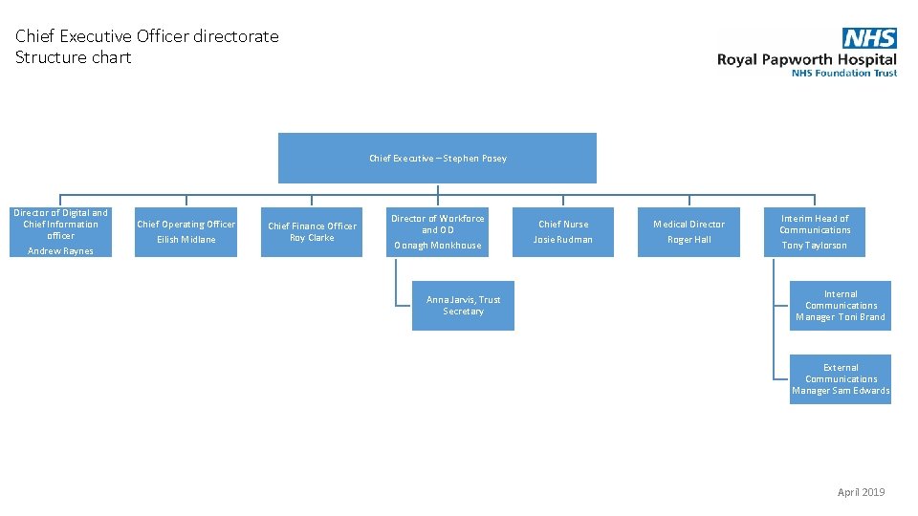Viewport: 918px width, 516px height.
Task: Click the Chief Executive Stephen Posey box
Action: click(x=437, y=158)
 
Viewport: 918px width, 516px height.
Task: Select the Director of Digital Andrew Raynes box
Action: click(x=60, y=232)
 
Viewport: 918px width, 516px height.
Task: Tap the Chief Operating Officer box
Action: click(x=186, y=232)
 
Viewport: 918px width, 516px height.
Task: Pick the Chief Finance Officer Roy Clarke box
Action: click(x=312, y=232)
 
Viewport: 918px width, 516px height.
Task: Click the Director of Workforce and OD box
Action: click(x=438, y=232)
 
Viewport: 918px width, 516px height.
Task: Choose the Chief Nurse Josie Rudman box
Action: click(x=563, y=232)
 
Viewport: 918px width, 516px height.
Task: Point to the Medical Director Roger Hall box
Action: click(x=688, y=232)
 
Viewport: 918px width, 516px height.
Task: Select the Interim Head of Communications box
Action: click(x=814, y=232)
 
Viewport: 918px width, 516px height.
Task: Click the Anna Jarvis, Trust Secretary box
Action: click(x=463, y=306)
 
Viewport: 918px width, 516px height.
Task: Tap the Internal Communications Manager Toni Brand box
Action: click(x=840, y=306)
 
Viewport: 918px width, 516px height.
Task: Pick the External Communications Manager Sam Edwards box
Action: click(x=840, y=379)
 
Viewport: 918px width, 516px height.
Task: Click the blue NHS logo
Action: click(x=869, y=38)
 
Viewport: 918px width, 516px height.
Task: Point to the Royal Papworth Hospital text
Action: click(x=807, y=59)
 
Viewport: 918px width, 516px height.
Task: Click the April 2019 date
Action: click(x=861, y=492)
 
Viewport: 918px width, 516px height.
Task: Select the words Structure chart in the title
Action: click(x=74, y=57)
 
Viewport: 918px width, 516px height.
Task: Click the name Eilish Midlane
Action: click(x=186, y=240)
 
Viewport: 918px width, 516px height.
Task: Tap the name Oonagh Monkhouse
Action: click(x=438, y=246)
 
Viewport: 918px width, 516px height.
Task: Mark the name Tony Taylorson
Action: click(x=814, y=246)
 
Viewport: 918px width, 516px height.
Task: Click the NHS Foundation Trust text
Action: click(x=844, y=73)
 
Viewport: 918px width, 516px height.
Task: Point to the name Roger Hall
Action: click(x=688, y=240)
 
